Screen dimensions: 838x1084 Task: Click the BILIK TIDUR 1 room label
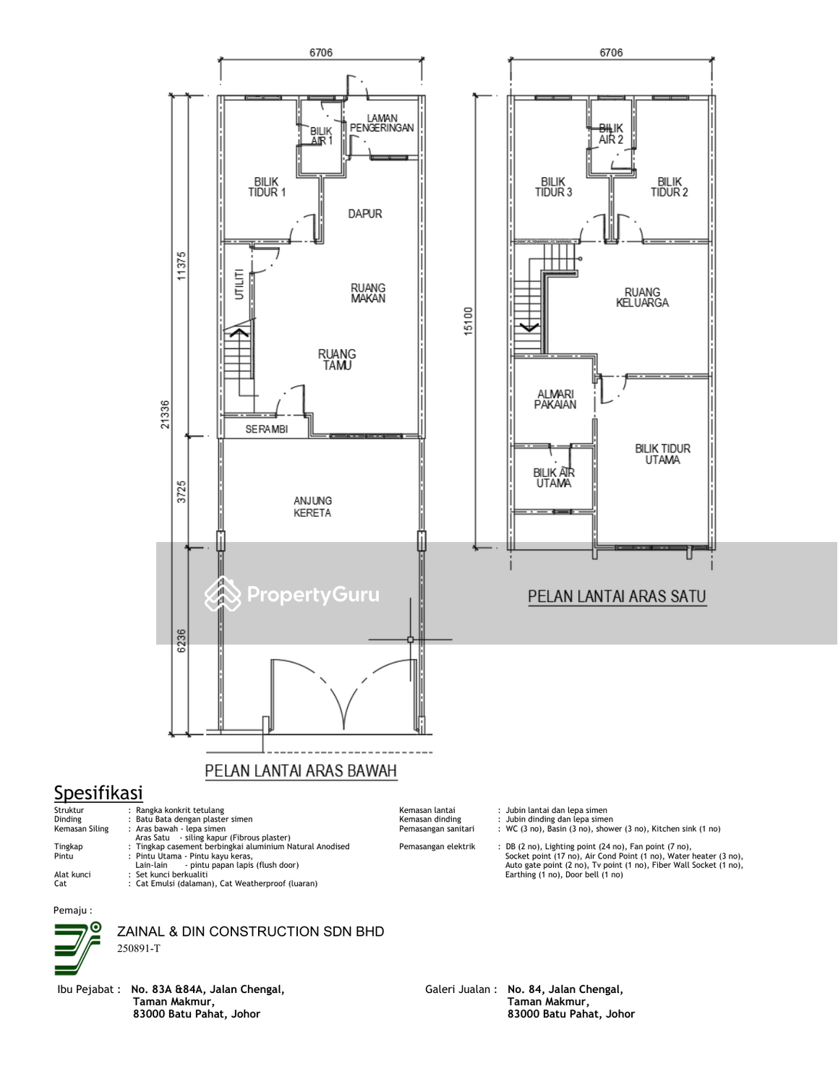[x=267, y=187]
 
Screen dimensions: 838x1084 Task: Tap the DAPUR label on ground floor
[x=365, y=213]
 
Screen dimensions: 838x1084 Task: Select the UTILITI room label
[x=239, y=284]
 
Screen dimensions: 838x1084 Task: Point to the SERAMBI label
[x=267, y=429]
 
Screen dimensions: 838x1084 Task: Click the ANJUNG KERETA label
[x=312, y=507]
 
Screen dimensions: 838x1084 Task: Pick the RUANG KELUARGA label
[x=642, y=297]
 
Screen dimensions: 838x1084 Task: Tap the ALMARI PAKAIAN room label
[x=555, y=399]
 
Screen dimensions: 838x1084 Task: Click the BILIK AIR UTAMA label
[x=554, y=478]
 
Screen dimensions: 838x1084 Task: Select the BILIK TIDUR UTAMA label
[x=663, y=454]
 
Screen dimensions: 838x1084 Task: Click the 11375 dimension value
[x=181, y=265]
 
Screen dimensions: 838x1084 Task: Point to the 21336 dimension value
[x=165, y=414]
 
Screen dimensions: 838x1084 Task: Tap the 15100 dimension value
[x=468, y=321]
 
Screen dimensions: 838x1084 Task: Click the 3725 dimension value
[x=181, y=491]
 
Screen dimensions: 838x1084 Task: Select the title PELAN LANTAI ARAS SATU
[x=617, y=596]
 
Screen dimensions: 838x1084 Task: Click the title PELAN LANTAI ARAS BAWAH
[x=301, y=770]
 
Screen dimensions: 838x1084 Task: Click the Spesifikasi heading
[x=98, y=793]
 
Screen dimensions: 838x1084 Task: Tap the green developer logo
[x=77, y=949]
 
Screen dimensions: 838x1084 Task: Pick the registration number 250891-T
[x=139, y=948]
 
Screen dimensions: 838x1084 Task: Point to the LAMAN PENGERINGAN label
[x=382, y=123]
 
